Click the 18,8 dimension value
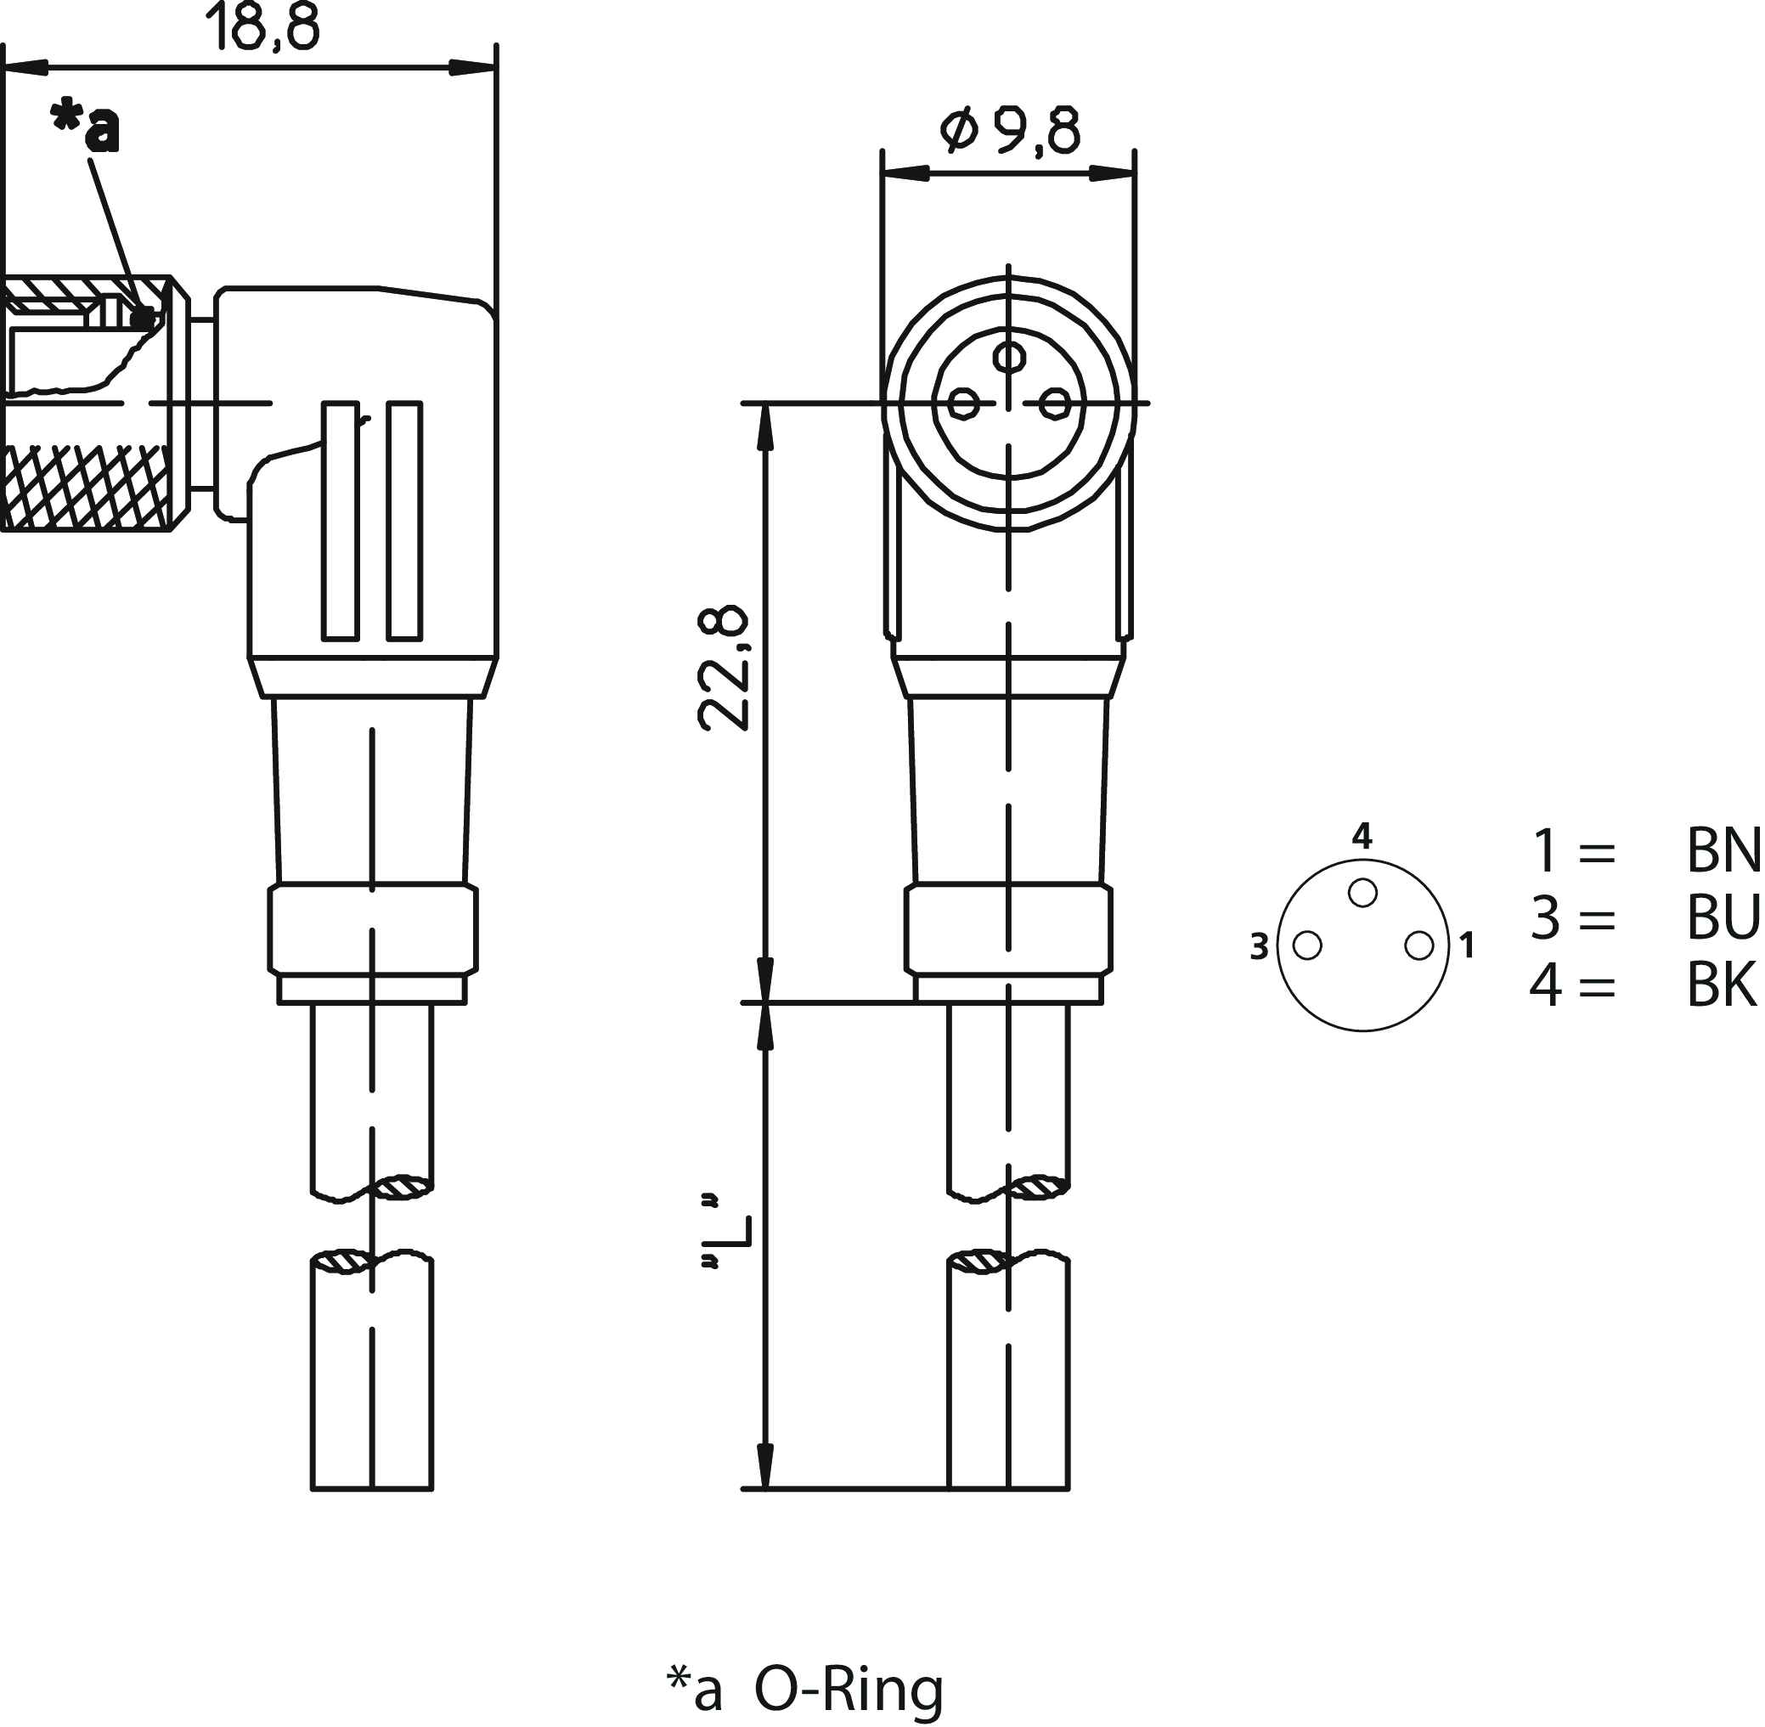pos(264,27)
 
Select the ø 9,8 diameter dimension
pos(1009,132)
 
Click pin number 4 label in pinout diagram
pos(1362,835)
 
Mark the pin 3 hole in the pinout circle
pos(1307,945)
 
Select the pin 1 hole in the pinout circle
pos(1419,945)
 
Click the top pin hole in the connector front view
pos(1009,357)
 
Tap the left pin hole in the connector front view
pos(963,403)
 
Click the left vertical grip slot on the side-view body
pos(340,521)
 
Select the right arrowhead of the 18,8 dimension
pos(474,68)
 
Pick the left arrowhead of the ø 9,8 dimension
pos(905,173)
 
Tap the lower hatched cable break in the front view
pos(978,1261)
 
